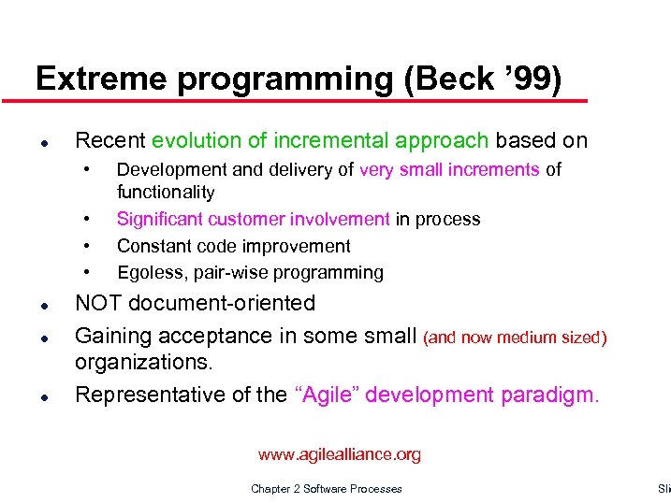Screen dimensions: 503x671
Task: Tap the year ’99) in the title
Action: tap(532, 79)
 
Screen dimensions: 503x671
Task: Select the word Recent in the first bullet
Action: tap(109, 140)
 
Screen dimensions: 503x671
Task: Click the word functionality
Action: tap(166, 193)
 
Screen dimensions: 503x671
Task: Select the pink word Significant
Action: tap(157, 220)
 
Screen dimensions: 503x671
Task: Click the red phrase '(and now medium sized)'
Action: tap(516, 337)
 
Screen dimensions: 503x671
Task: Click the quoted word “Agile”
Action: tap(326, 395)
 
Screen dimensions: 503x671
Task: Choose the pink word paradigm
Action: tap(547, 395)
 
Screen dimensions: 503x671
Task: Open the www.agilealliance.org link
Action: tap(340, 455)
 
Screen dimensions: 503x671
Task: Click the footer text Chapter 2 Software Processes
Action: tap(327, 489)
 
